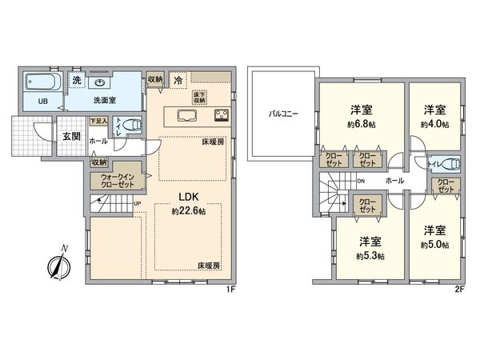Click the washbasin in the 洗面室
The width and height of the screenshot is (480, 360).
[x=102, y=82]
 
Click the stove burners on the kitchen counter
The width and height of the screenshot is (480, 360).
[x=221, y=114]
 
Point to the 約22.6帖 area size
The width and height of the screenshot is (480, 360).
[x=188, y=211]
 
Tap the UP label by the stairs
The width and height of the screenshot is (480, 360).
[x=138, y=203]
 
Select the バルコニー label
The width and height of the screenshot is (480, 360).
[x=282, y=114]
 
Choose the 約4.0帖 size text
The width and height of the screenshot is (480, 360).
[x=435, y=126]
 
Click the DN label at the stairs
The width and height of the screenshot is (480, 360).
[x=361, y=181]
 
